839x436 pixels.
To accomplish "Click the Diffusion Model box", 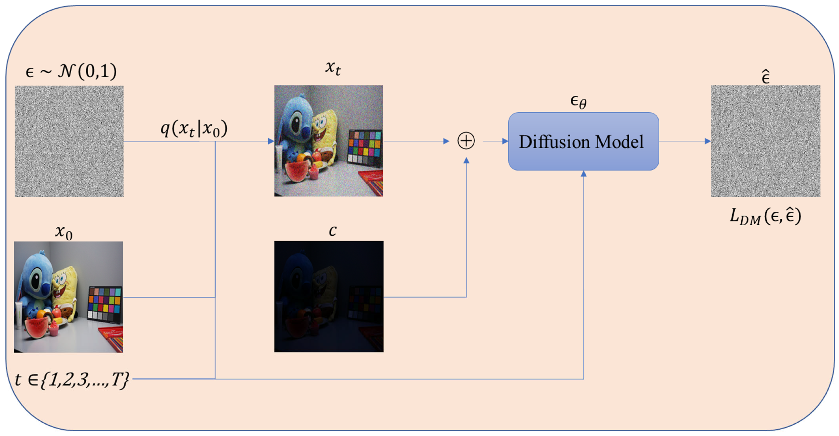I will (583, 141).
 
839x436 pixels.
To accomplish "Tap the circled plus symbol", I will (466, 141).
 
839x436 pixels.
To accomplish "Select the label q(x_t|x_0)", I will (194, 129).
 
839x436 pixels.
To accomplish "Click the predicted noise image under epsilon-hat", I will (765, 141).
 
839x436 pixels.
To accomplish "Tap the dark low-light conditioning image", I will (329, 296).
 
